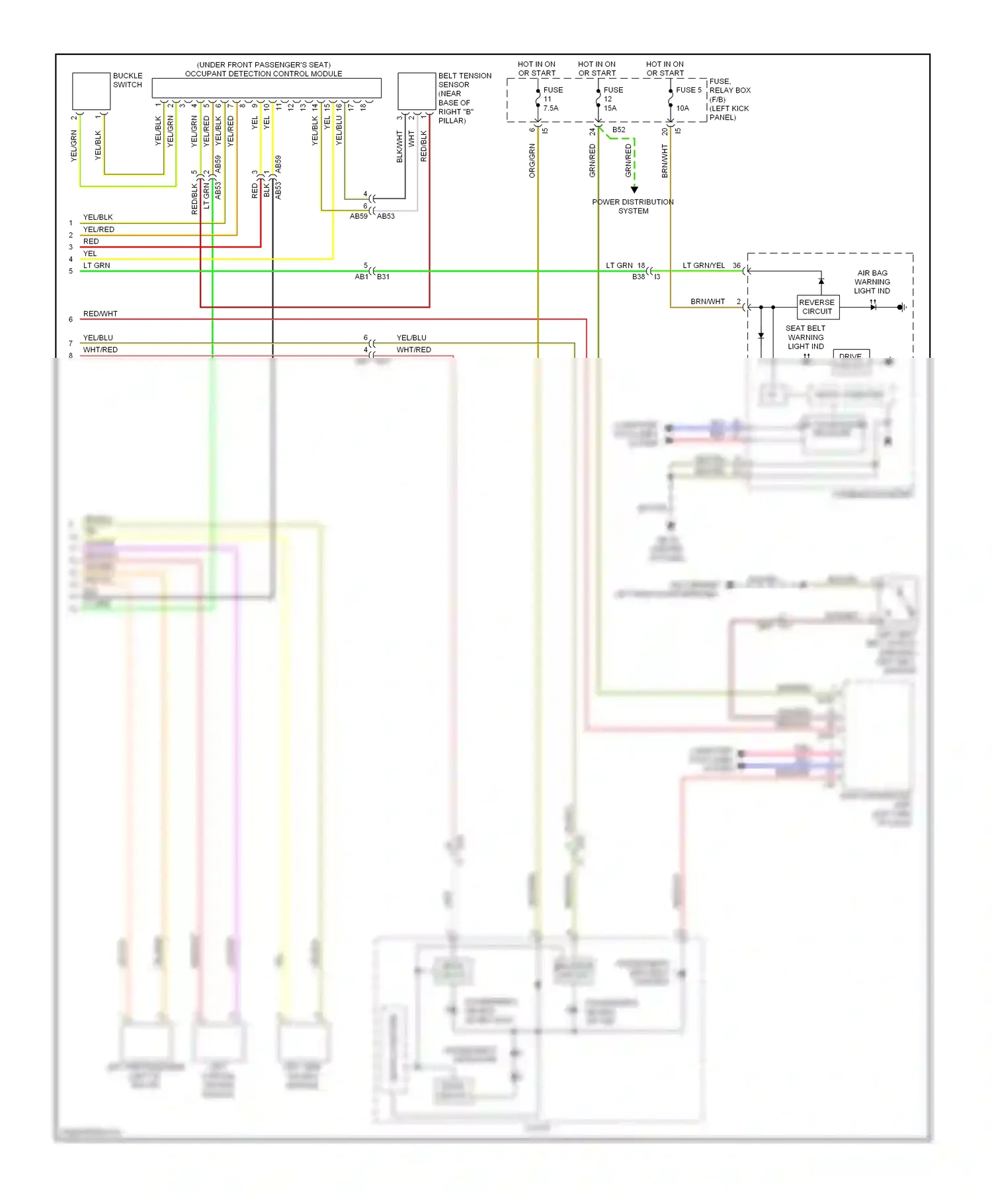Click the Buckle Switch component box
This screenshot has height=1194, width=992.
pos(91,91)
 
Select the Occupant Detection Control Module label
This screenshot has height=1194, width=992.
pos(263,73)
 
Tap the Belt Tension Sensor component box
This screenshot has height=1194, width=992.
pos(416,91)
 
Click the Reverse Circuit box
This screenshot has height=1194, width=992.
pos(817,307)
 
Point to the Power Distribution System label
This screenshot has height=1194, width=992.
pos(633,206)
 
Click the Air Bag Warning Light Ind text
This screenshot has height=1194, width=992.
pos(872,282)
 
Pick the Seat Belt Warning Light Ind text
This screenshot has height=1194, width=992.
pos(806,337)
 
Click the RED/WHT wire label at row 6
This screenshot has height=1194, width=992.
pos(101,314)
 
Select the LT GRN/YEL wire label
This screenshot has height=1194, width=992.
pos(704,266)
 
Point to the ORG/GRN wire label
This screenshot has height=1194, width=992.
pos(532,161)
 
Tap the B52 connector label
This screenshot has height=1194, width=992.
pos(619,130)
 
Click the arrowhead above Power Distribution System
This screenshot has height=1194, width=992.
pos(634,190)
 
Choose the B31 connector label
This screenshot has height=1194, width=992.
pos(384,277)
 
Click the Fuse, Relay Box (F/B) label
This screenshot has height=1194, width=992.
pos(729,99)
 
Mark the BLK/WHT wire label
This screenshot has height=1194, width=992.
pos(399,146)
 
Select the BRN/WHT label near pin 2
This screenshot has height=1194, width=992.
pos(708,302)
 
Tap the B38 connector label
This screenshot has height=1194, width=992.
pos(638,277)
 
